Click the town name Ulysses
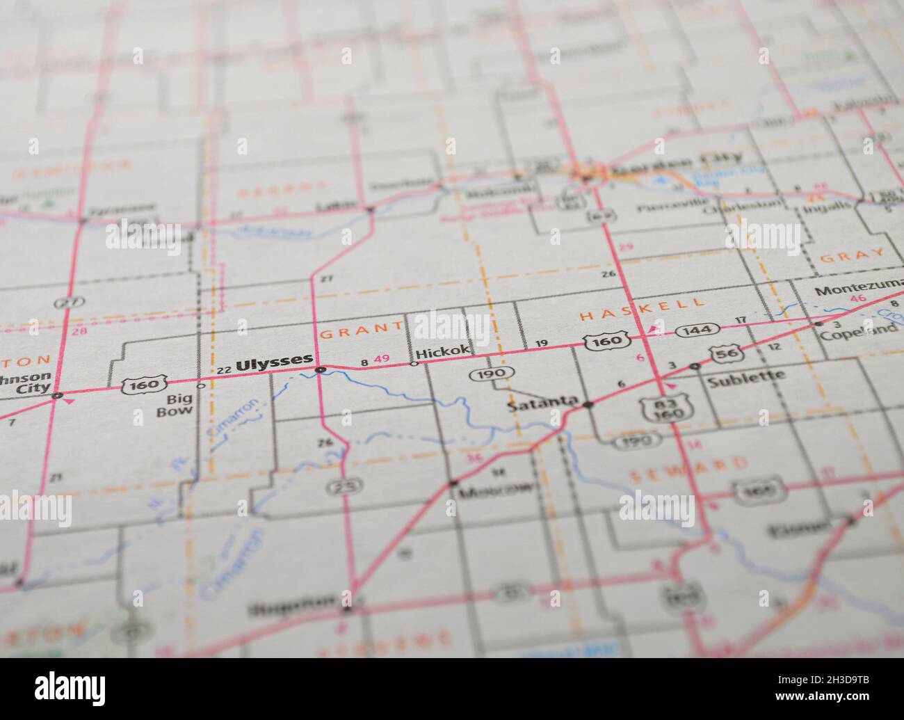pos(274,362)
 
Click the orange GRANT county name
pos(361,331)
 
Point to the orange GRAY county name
pos(852,255)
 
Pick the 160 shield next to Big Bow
pos(144,383)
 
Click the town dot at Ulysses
pos(320,369)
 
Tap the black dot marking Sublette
pos(694,367)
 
